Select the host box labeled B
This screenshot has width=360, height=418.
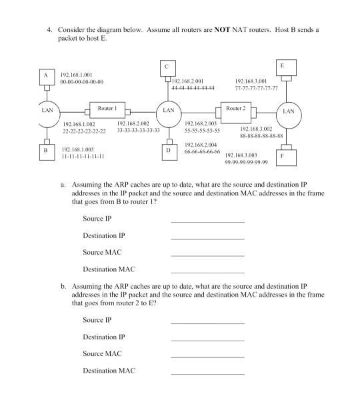(46, 151)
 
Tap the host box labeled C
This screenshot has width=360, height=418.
(167, 67)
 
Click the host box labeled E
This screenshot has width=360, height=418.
(283, 67)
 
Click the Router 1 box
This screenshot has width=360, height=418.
(107, 109)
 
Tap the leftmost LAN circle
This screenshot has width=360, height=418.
(46, 111)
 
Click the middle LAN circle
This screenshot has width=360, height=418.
(169, 110)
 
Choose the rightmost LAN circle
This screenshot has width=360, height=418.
(288, 112)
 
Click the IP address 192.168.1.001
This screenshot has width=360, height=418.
(77, 75)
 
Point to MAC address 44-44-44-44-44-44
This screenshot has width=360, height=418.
(193, 87)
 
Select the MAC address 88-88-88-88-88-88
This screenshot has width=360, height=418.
(261, 135)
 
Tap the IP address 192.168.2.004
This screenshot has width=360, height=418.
(201, 145)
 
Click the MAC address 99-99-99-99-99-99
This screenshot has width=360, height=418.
(246, 161)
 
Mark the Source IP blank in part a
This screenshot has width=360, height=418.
(207, 219)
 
